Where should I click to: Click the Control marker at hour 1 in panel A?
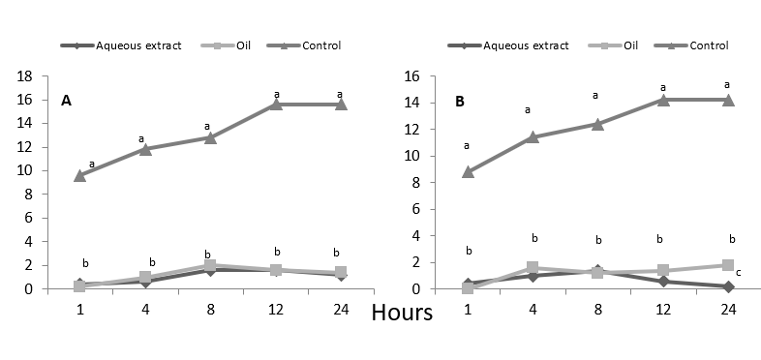(79, 175)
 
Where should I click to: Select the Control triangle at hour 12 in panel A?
(276, 104)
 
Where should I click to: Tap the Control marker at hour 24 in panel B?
(727, 100)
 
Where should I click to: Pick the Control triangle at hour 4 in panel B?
(532, 136)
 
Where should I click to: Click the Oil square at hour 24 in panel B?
(727, 265)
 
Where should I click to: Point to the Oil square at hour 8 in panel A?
(210, 265)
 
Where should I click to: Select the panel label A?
(67, 100)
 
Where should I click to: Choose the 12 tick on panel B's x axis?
(662, 309)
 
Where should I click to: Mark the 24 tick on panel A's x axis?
(341, 309)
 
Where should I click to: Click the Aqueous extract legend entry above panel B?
(512, 45)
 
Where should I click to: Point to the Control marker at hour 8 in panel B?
(597, 124)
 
